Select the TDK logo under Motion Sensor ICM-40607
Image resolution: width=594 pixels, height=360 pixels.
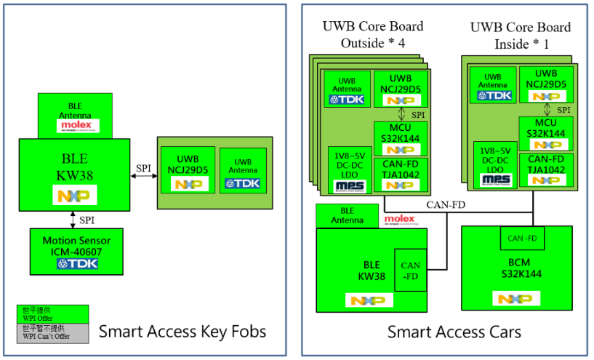pos(77,263)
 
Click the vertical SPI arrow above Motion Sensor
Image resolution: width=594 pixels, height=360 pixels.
pos(73,217)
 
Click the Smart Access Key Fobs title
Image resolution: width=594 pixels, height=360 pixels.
pos(182,332)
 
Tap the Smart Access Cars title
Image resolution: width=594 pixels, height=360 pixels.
pos(454,332)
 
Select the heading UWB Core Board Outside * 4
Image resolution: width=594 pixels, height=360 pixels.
pos(372,35)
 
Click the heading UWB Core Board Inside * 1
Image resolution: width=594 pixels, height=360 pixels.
pos(520,35)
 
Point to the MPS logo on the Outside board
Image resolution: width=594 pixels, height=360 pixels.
pos(350,185)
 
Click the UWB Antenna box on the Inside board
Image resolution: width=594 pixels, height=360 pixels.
pos(493,85)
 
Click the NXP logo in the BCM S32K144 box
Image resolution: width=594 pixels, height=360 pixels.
pos(516,298)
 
